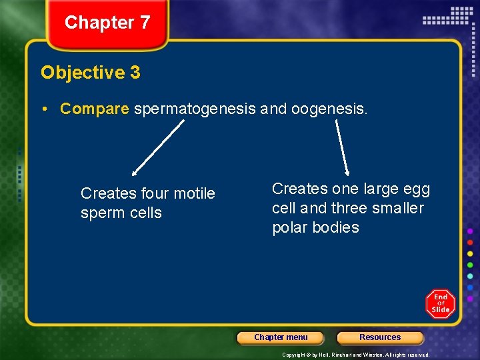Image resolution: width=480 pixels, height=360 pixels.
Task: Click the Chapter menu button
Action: [x=281, y=337]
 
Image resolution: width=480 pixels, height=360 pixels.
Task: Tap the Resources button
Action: [x=380, y=337]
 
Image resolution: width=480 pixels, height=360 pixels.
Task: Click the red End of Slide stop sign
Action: [x=440, y=304]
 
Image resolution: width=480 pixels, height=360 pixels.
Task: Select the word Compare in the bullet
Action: [x=94, y=109]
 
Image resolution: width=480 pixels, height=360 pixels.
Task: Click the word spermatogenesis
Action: [x=195, y=109]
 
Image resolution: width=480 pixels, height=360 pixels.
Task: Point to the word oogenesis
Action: [x=329, y=109]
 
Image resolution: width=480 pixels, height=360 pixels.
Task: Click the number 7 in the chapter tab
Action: [x=145, y=23]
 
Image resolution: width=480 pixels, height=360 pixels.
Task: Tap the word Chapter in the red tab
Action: [x=99, y=23]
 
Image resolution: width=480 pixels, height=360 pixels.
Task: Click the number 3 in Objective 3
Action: [x=135, y=72]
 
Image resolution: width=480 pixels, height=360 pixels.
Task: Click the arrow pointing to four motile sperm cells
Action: [x=157, y=147]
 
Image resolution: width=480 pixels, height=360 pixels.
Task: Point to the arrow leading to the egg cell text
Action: [x=342, y=147]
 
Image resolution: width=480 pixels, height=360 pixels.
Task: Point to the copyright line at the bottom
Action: [x=355, y=355]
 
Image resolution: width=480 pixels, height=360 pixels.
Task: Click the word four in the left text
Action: [x=153, y=193]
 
